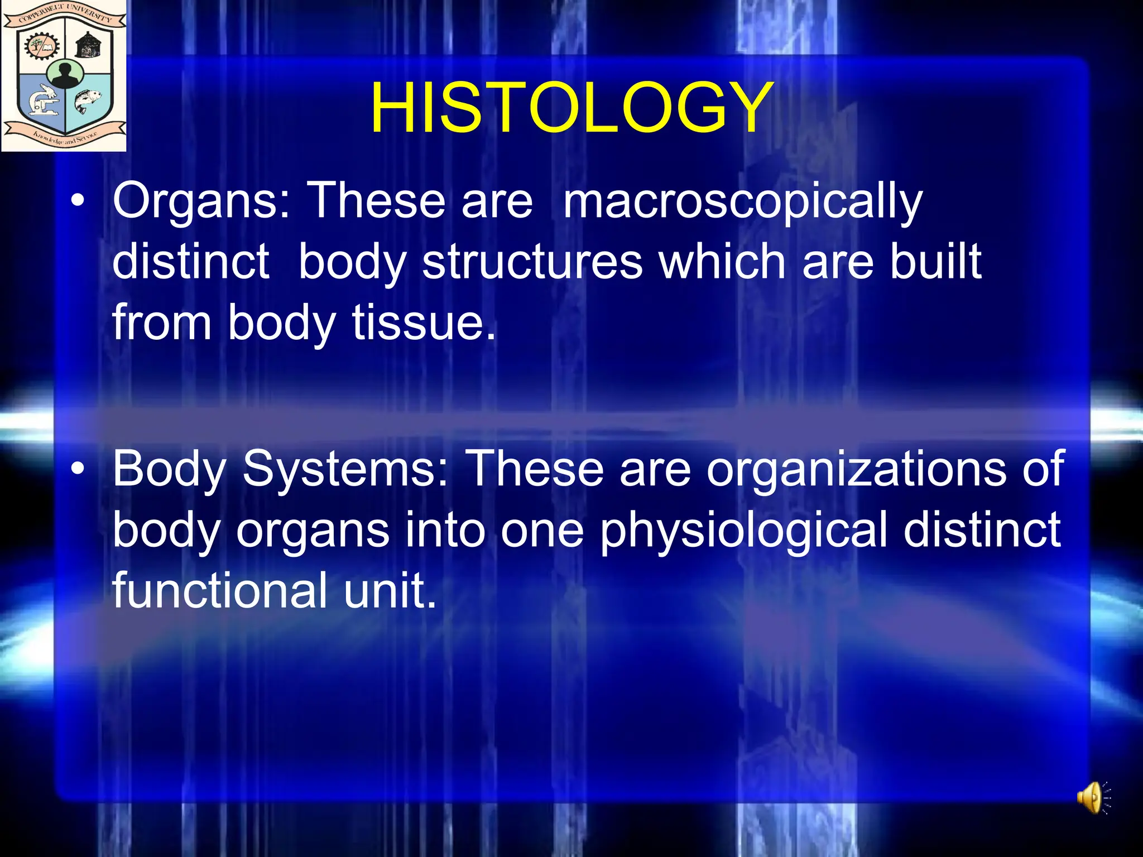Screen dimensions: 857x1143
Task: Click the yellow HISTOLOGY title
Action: [571, 108]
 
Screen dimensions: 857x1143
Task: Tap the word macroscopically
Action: [742, 202]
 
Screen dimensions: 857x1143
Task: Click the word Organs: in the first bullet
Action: [201, 202]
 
